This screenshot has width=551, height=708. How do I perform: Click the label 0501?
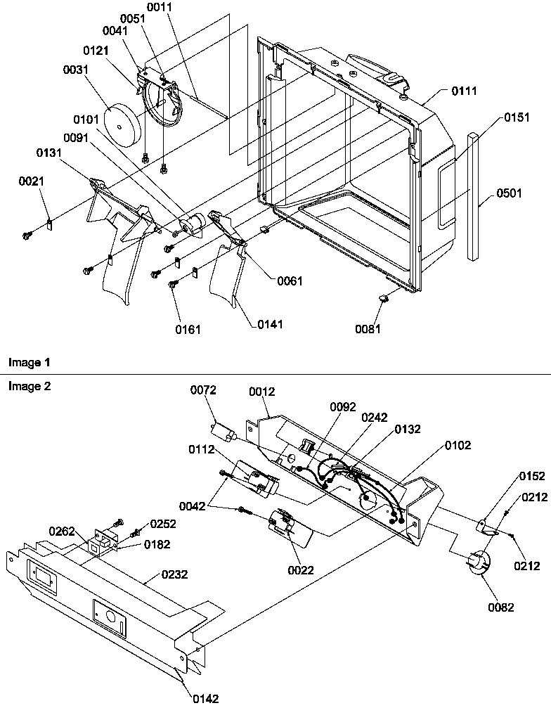point(510,193)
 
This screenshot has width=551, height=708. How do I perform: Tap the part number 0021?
point(31,181)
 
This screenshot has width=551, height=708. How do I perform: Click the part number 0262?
point(61,531)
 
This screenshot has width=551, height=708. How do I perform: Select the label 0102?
point(458,445)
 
